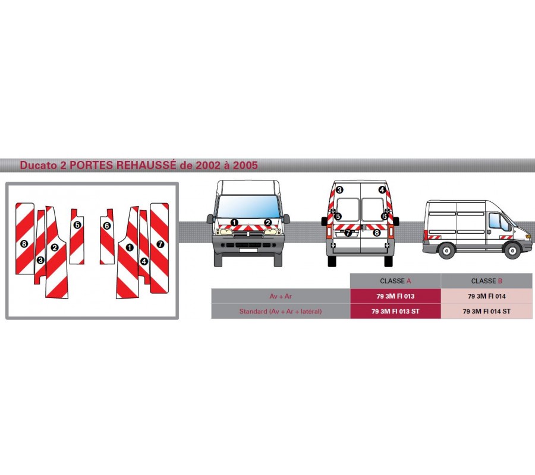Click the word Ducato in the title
tap(38, 166)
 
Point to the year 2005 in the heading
tap(245, 166)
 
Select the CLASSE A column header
tap(395, 281)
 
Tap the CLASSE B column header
tap(486, 281)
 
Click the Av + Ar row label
tap(281, 296)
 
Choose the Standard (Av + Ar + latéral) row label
tap(281, 311)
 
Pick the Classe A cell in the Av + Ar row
tap(395, 296)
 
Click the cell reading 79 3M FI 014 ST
tap(486, 311)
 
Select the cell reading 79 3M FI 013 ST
tap(395, 311)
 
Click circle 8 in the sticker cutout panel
tap(24, 243)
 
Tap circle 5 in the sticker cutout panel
tap(77, 225)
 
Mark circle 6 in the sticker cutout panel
tap(106, 226)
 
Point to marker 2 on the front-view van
tap(268, 223)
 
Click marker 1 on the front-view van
tap(234, 223)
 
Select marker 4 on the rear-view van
tap(382, 190)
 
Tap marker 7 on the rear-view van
tap(348, 233)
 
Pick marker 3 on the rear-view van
tap(339, 190)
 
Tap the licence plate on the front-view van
tap(248, 250)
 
